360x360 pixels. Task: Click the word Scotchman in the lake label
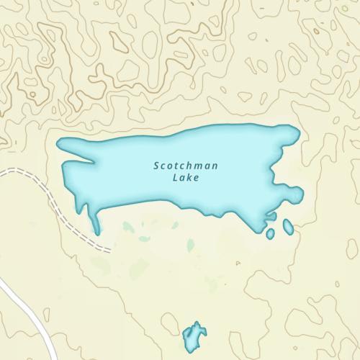[x=186, y=166]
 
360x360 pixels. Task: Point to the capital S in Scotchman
[x=156, y=166]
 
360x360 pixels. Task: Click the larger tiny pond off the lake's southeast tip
[x=288, y=227]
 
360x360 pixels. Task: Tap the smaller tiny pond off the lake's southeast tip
[x=270, y=234]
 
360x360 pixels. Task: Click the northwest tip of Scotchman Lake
[x=60, y=143]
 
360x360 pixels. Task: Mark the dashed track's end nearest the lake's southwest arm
[x=109, y=249]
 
